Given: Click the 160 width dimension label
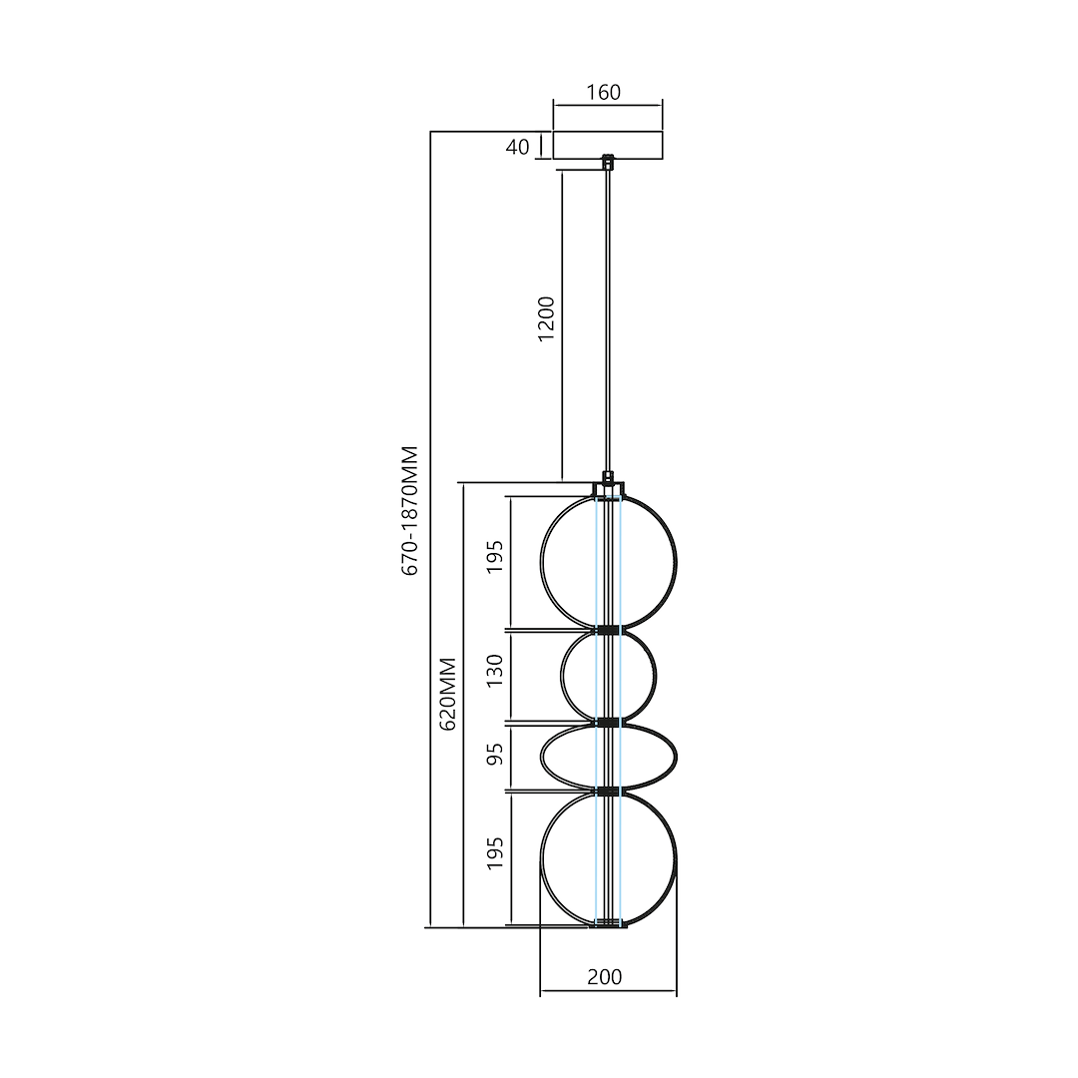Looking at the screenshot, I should coord(603,93).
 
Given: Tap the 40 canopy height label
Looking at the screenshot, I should coord(517,147).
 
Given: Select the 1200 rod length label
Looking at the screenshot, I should coord(546,318).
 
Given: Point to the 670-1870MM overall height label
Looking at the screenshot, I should coord(410,510).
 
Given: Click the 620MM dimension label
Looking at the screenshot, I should coord(448,694).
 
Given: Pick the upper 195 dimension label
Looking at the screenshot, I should coord(496,563).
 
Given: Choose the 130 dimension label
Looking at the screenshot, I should coord(496,677).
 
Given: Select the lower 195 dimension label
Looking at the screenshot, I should coord(496,854).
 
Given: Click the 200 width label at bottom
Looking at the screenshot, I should coord(604,977).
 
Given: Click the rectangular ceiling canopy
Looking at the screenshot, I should coord(608,145).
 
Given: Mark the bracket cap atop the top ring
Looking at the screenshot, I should coord(608,487).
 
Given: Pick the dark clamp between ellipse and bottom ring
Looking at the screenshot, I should coord(608,791).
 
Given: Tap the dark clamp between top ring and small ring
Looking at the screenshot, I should coord(608,630).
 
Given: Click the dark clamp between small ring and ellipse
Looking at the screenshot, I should coord(608,721).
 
